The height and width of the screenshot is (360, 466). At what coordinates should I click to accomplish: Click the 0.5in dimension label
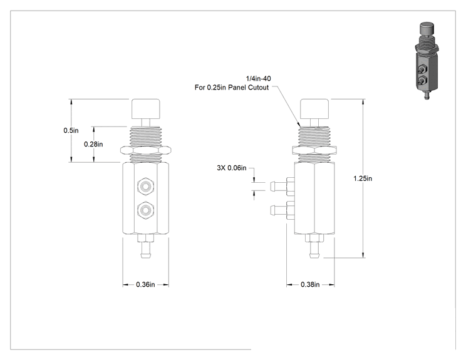71,130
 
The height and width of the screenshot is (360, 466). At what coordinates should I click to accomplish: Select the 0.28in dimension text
93,144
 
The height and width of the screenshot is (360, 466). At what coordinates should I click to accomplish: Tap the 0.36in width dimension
145,284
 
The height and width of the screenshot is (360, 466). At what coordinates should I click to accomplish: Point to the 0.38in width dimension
310,284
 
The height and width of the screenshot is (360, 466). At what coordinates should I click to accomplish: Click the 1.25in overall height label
363,178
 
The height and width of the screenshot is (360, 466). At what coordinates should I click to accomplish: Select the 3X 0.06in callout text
232,168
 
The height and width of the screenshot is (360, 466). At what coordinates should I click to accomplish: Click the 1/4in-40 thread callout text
258,78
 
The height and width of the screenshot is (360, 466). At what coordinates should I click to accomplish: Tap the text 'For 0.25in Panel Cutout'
232,87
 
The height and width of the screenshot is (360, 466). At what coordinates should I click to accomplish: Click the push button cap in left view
145,109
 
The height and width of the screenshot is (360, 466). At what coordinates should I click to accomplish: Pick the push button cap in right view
314,109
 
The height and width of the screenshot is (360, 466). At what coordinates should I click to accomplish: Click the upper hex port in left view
145,187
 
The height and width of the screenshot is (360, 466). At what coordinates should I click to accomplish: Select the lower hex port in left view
145,210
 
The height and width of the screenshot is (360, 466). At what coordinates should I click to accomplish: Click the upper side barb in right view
282,187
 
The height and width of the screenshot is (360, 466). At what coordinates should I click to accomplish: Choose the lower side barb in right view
282,210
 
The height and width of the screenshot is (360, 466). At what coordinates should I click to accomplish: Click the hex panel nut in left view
145,150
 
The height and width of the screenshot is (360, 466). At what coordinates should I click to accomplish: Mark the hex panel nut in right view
314,150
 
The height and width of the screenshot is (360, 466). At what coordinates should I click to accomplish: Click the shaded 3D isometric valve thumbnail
427,61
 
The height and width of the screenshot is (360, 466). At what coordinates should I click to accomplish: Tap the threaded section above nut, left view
145,136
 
